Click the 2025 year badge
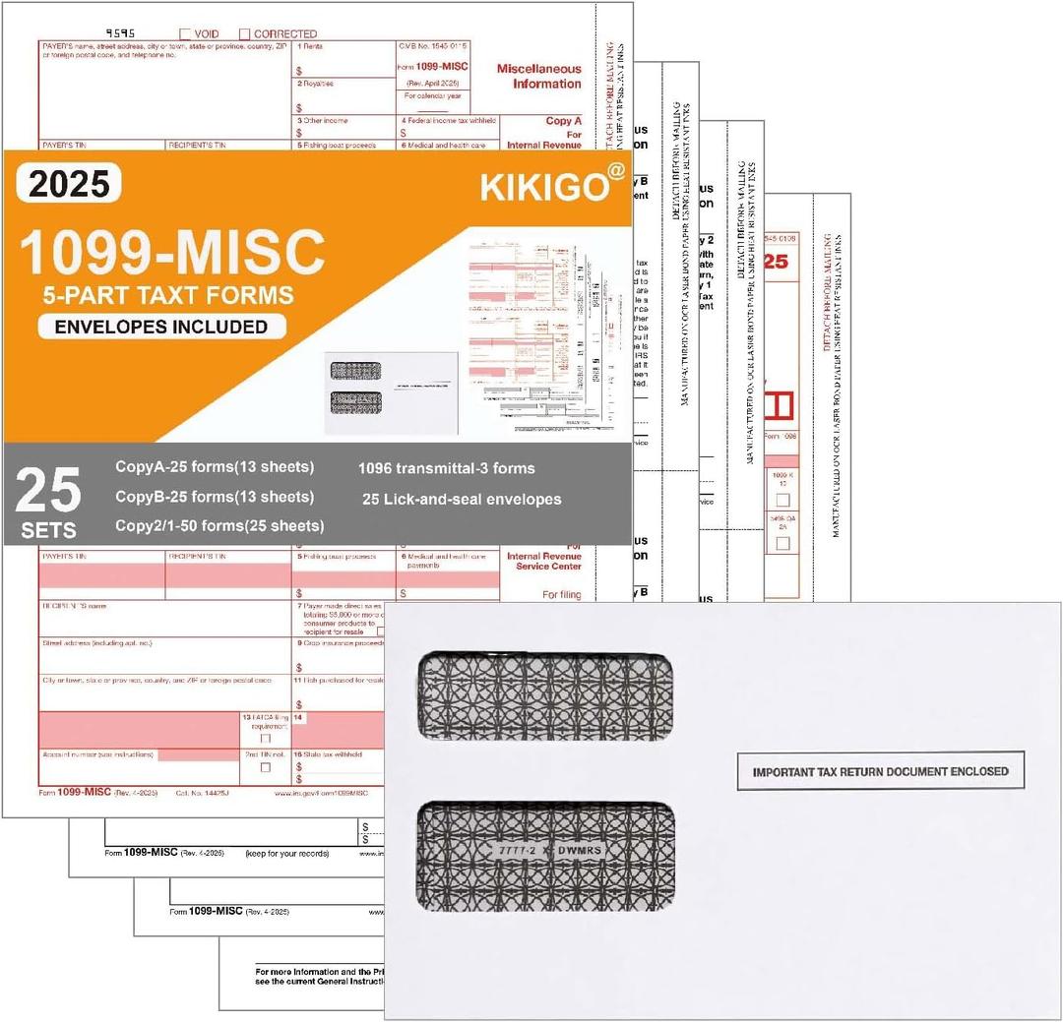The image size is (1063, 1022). pos(69,183)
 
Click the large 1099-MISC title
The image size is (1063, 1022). pos(172,252)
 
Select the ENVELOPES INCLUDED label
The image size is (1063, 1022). pos(162,327)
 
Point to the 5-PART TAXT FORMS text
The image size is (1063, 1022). pos(167,294)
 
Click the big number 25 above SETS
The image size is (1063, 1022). pos(48,491)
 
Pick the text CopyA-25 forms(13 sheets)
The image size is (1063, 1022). pos(215,466)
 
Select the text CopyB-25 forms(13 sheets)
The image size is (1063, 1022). pos(215,497)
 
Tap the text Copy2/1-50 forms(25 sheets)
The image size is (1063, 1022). pos(219,526)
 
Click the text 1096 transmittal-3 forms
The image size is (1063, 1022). pos(447,468)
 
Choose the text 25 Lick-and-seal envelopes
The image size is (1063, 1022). pos(461,500)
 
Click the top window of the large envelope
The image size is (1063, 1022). pos(545,696)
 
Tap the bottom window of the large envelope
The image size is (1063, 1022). pos(545,855)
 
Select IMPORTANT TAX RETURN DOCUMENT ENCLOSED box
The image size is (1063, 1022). pos(880,772)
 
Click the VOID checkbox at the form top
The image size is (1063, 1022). pos(186,33)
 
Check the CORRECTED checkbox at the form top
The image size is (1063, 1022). pos(245,33)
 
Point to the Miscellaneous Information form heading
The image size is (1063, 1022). pos(538,77)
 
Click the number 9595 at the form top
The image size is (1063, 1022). pos(121,32)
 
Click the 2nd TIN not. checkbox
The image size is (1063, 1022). pos(265,767)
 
